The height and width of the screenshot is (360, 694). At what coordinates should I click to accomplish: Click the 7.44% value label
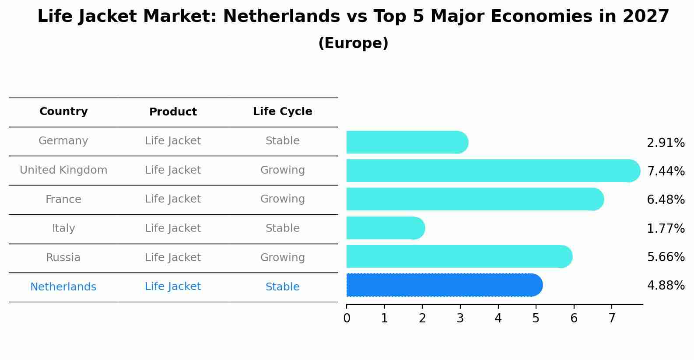tap(666, 171)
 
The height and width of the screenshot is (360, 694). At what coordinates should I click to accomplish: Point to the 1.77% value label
tap(666, 228)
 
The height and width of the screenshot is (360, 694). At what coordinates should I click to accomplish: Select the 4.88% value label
tap(666, 286)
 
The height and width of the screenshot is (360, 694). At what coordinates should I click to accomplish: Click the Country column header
tap(63, 112)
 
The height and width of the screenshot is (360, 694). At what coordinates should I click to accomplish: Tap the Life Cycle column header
tap(282, 112)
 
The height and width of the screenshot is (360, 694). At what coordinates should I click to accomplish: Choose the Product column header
tap(173, 112)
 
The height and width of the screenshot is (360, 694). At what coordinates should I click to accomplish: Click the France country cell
tap(63, 199)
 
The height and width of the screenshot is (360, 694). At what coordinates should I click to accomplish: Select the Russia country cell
tap(63, 258)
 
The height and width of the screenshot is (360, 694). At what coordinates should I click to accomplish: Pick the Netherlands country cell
tap(63, 287)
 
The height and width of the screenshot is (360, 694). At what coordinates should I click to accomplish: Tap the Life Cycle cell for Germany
tap(282, 141)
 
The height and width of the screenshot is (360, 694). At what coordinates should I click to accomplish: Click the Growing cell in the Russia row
tap(282, 258)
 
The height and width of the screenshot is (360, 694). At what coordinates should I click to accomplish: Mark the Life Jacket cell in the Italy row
tap(173, 228)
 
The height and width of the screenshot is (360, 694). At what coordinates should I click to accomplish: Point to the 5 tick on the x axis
tap(536, 318)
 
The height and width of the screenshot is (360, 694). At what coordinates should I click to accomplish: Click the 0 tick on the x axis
tap(347, 318)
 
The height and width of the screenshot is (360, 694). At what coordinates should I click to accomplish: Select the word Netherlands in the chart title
tap(281, 17)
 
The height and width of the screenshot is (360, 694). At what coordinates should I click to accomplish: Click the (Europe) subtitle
tap(353, 43)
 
